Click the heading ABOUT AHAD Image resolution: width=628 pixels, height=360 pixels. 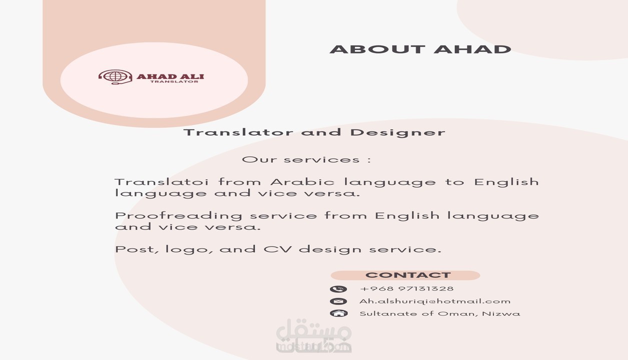(x=420, y=49)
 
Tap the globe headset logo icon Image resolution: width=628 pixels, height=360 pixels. (x=115, y=76)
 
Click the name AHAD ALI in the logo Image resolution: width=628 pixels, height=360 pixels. (x=170, y=76)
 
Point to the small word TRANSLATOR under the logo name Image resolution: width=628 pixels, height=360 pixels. (x=174, y=82)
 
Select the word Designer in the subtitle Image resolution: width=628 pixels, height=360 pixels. (x=397, y=132)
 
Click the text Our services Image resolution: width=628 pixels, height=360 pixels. (x=306, y=160)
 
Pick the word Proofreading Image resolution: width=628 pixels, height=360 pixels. (x=179, y=216)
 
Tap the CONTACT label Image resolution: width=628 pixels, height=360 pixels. (x=408, y=275)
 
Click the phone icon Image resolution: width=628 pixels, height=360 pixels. (x=338, y=289)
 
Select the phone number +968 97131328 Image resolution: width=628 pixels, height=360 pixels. (x=407, y=288)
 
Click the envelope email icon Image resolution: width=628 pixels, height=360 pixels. (x=338, y=301)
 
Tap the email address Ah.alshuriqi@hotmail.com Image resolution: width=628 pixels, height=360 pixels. (x=435, y=301)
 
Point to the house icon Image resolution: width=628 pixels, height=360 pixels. (x=339, y=313)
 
